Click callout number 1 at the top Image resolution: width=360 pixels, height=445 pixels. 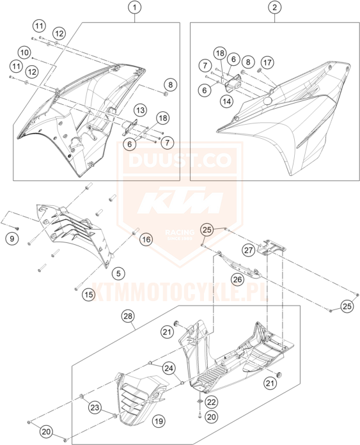pos(134,8)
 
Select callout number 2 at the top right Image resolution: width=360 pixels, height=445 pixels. pos(274,8)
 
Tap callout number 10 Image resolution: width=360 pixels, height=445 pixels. pos(24,52)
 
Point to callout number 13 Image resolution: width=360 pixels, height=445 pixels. pos(141,110)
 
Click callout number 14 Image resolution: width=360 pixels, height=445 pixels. pos(227,101)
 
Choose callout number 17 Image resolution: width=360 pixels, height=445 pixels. pos(267,62)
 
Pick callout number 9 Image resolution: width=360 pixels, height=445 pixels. pos(12,238)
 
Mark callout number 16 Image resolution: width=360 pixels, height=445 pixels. pos(146,240)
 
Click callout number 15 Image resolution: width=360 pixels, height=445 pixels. pos(89,295)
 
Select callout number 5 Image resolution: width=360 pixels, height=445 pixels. pos(118,273)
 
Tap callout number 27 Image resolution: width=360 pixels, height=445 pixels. pos(249,251)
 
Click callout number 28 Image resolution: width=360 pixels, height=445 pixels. pos(128,316)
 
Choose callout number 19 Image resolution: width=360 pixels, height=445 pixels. pos(159,421)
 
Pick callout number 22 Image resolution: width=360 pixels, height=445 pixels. pos(212,402)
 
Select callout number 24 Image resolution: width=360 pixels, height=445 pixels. pos(169,368)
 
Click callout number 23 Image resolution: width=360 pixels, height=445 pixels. pos(95,408)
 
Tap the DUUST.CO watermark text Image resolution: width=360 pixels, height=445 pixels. pos(180,159)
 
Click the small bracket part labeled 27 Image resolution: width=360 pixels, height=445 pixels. pos(271,247)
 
